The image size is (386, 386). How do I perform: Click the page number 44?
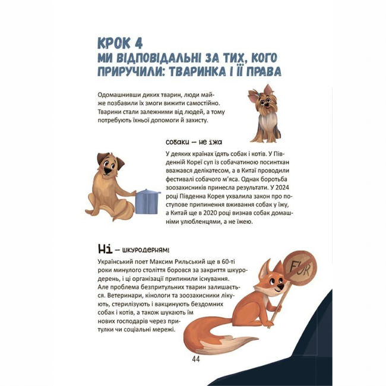pyautogui.click(x=197, y=359)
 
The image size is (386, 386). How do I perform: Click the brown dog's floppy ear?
pyautogui.click(x=119, y=162)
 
